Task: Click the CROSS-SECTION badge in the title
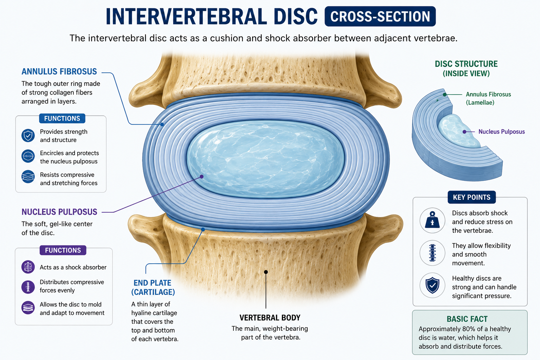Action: (x=380, y=17)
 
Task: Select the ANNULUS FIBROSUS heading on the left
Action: (x=59, y=72)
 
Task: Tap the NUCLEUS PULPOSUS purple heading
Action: (x=59, y=212)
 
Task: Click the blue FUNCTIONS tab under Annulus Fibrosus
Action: (x=62, y=118)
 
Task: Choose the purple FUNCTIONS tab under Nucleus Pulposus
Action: (x=63, y=250)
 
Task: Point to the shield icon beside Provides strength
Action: (x=28, y=135)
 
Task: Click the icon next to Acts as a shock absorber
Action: (x=28, y=267)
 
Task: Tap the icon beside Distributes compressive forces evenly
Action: (x=28, y=287)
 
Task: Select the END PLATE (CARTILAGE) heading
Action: (x=153, y=288)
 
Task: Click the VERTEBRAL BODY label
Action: (x=270, y=318)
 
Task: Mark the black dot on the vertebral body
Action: (x=266, y=272)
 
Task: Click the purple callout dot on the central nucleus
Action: (x=201, y=177)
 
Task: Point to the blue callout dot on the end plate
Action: (x=203, y=230)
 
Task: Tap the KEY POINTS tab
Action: (x=472, y=197)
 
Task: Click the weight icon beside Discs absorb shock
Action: (x=432, y=220)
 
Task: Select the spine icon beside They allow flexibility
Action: (x=432, y=253)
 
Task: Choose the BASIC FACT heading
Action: (x=467, y=319)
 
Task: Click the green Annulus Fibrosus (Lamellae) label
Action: (x=488, y=98)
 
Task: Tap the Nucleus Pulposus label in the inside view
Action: (x=502, y=131)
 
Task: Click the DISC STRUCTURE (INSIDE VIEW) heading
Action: (x=466, y=69)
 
